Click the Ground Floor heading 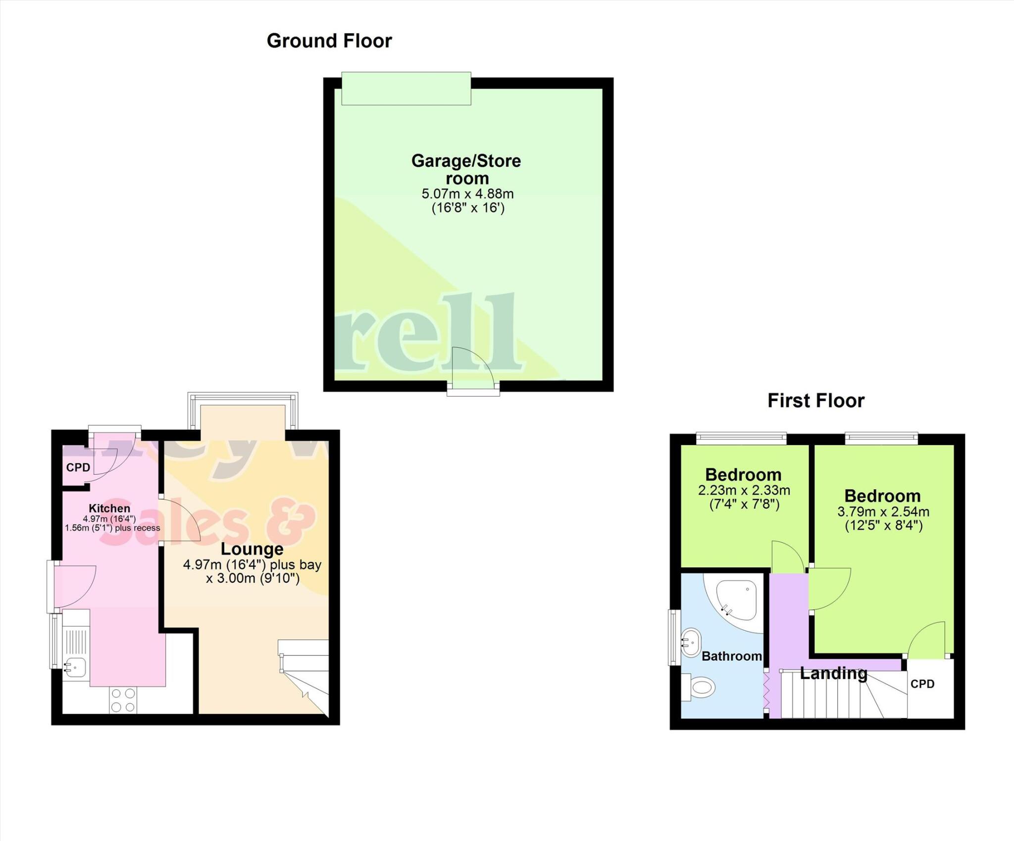(x=329, y=41)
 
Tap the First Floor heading (x=815, y=400)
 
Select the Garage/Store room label (x=466, y=169)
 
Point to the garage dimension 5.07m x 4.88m (x=467, y=194)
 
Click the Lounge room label (x=252, y=549)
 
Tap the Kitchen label (x=109, y=508)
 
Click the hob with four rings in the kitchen (x=123, y=700)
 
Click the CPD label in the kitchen (x=78, y=467)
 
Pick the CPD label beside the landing (x=922, y=684)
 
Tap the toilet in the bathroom (x=700, y=687)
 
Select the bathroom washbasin (x=690, y=643)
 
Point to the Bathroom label (x=731, y=656)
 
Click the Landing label (x=833, y=673)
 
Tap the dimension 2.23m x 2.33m (x=744, y=491)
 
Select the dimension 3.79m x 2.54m (x=883, y=512)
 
